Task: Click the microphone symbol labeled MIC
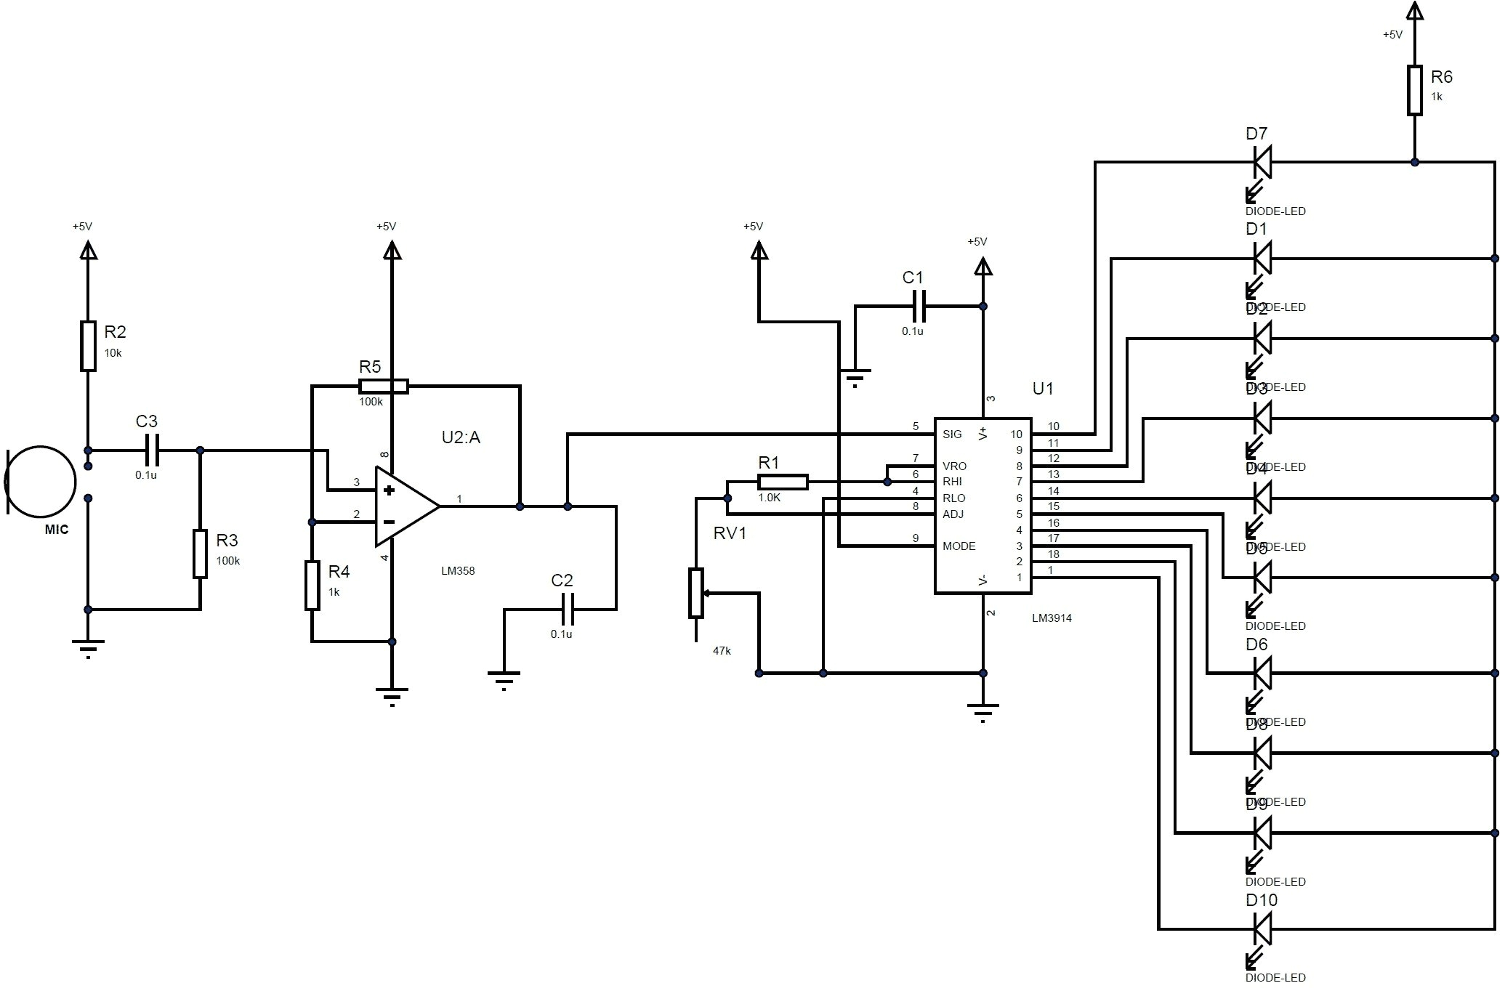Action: pos(41,481)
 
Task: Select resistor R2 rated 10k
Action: pos(88,346)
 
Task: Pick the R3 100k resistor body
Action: pos(200,554)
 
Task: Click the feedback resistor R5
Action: pos(384,387)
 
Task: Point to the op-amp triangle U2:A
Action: pos(404,506)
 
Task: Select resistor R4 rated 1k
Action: pos(312,585)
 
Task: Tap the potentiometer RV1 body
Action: pos(696,593)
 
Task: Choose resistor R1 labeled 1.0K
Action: pos(783,482)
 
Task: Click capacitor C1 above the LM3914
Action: pos(919,306)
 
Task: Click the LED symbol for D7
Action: pos(1262,162)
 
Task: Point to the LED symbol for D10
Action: pos(1262,929)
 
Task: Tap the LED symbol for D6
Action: pos(1262,674)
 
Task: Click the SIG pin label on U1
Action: pos(952,434)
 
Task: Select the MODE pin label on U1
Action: pos(959,546)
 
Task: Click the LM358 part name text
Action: pos(458,571)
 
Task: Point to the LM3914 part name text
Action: pos(1052,618)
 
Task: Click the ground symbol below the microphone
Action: pos(88,644)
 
